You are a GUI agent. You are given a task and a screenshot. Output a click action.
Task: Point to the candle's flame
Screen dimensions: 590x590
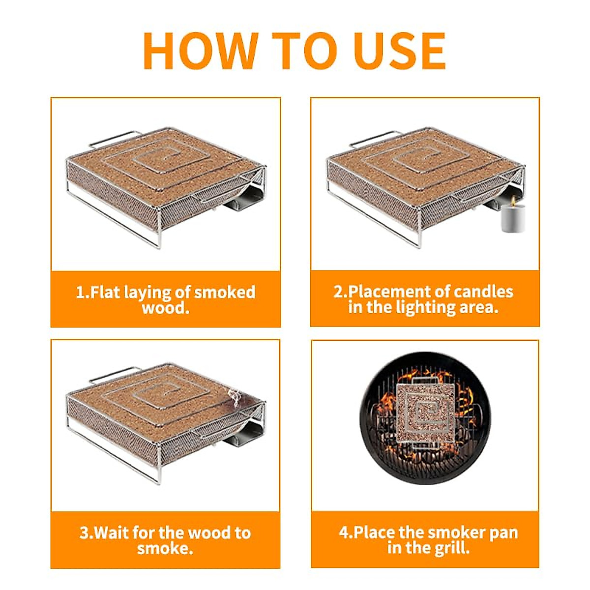point(512,200)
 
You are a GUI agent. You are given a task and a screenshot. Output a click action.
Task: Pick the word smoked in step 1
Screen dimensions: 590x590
point(225,292)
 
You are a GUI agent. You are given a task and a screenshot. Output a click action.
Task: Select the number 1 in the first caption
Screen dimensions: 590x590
point(81,292)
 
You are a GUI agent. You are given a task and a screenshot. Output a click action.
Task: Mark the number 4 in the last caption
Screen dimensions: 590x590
point(344,533)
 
